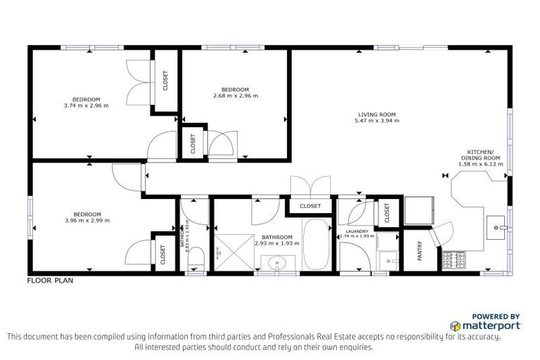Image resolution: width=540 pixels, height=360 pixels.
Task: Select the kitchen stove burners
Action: tap(454, 261)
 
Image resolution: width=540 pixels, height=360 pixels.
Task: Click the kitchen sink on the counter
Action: tap(498, 228)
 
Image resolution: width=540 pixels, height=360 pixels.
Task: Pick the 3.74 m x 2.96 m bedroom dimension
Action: tap(87, 106)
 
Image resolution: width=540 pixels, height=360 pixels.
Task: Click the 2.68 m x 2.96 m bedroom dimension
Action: tap(236, 96)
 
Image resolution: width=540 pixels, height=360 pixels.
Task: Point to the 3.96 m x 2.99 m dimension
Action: tap(87, 221)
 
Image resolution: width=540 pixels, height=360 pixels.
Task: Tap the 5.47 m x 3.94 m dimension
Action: tap(378, 121)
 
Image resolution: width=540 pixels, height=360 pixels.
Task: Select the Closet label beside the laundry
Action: tap(386, 212)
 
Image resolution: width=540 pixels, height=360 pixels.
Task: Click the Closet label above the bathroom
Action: tap(310, 206)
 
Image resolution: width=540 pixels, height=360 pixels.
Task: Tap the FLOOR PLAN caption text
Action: tap(50, 280)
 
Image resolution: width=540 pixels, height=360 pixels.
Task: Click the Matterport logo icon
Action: tap(456, 326)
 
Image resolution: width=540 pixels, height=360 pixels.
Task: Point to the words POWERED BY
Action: tap(496, 316)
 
